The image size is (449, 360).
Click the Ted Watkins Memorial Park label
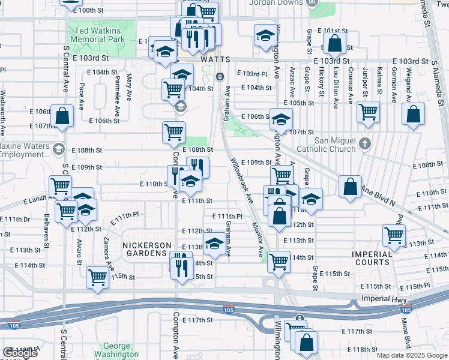[x=97, y=34]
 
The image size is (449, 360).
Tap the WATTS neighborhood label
[x=215, y=60]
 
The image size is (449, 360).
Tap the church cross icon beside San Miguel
[x=364, y=144]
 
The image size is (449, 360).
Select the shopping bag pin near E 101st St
[x=334, y=43]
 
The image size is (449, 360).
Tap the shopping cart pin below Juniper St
[x=368, y=111]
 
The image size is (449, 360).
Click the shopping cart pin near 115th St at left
[x=97, y=277]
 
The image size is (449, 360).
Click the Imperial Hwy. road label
[x=384, y=299]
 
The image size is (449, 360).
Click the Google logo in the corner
[x=20, y=353]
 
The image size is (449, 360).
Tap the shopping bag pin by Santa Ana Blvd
[x=350, y=187]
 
